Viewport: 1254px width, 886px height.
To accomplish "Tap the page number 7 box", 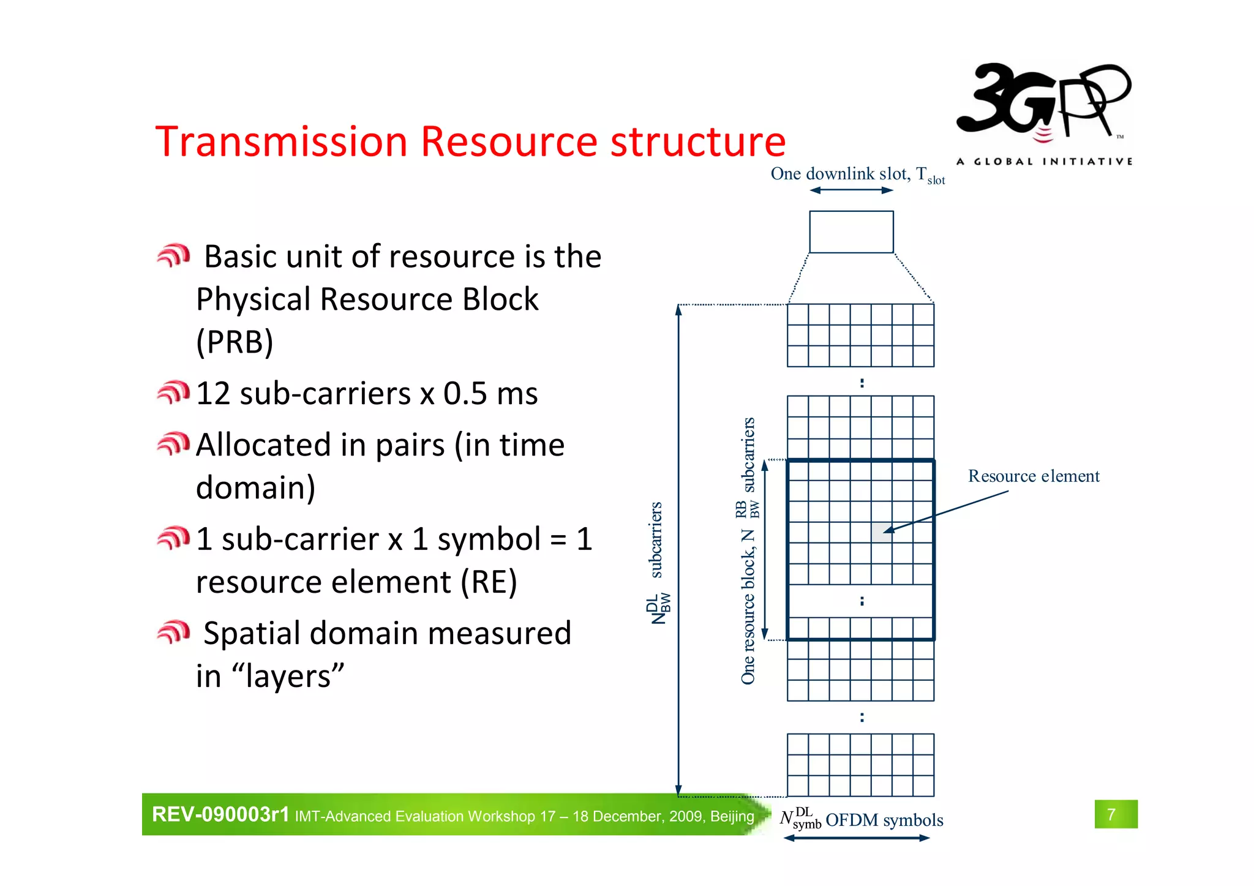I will pos(1115,814).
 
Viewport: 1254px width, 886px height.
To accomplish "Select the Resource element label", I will pos(1033,476).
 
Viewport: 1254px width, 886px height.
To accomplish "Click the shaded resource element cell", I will pos(881,532).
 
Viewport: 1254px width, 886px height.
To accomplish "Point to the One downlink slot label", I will pos(857,175).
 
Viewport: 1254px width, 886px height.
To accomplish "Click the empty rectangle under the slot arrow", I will pos(851,232).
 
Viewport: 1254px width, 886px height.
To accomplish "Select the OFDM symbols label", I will pos(884,820).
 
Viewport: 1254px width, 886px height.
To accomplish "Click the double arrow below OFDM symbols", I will pos(857,838).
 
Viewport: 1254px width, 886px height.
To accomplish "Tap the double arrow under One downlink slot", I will pos(851,190).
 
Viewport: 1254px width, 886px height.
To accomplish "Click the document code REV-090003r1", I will pos(220,815).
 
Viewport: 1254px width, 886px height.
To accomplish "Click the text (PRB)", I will pos(235,342).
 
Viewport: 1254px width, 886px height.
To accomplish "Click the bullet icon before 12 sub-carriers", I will pos(173,392).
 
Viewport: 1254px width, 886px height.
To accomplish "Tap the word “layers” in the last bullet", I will pos(288,677).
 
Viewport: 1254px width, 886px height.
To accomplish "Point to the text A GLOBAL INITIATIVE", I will pos(1044,162).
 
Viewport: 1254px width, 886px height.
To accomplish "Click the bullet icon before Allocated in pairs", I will pos(173,444).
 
